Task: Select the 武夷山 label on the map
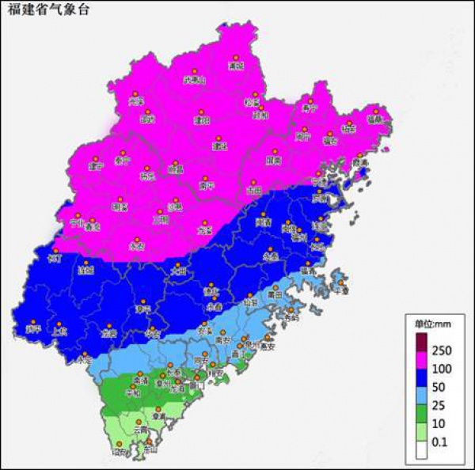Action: (194, 79)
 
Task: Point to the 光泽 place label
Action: (136, 101)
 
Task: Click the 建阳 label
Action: (202, 120)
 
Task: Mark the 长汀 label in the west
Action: (55, 259)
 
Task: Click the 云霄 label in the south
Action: (139, 431)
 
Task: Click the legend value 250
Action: (442, 351)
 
